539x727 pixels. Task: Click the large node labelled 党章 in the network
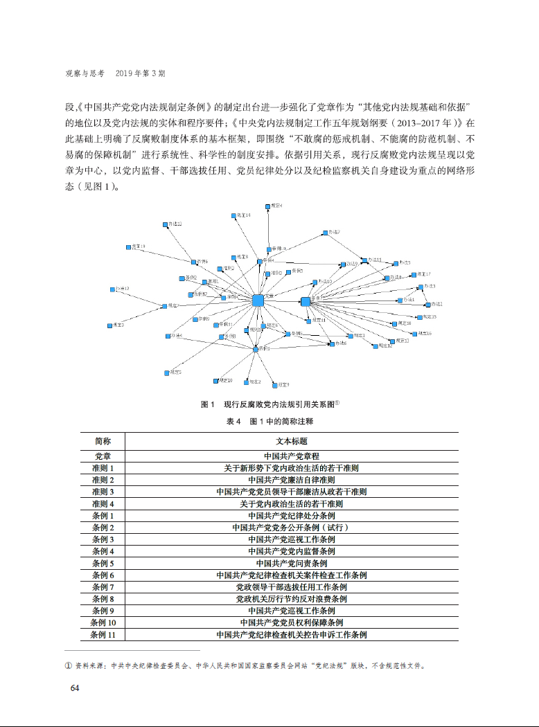pos(258,300)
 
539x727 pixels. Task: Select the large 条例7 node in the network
pos(306,301)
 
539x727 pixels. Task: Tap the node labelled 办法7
pos(324,233)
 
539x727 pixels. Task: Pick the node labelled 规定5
pos(167,373)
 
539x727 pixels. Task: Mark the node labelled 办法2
pos(428,304)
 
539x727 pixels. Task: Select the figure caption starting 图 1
pos(269,404)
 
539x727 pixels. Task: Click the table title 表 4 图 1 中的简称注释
pos(269,421)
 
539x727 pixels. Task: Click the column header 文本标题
pos(291,441)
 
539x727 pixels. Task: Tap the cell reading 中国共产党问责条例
pos(291,563)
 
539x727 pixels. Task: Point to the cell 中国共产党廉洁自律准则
pos(291,480)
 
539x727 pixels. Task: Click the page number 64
pos(76,688)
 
